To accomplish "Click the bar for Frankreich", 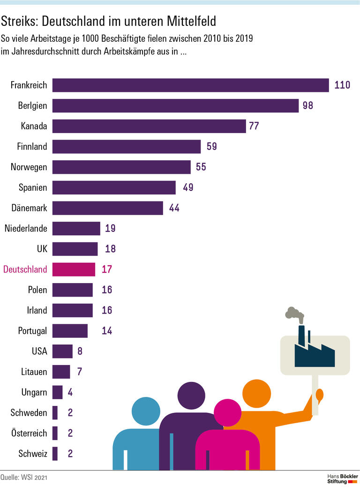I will (x=190, y=85).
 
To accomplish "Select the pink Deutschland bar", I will (x=74, y=269).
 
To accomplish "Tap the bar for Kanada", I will (x=149, y=126).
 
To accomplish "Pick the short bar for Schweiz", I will (x=55, y=454).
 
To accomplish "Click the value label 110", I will (x=343, y=85).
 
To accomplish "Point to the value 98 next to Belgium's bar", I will (x=307, y=105).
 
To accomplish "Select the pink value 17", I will (x=107, y=269).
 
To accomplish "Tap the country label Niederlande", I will (x=26, y=229).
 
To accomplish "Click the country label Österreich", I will (x=29, y=433).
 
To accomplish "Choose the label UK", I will (x=42, y=249).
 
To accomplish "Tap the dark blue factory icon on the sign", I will (x=314, y=354).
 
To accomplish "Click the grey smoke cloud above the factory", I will (x=293, y=313).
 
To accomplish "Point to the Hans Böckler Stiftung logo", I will (x=342, y=478).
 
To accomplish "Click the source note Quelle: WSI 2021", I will (x=24, y=478).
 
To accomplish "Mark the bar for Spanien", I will (x=114, y=187).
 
